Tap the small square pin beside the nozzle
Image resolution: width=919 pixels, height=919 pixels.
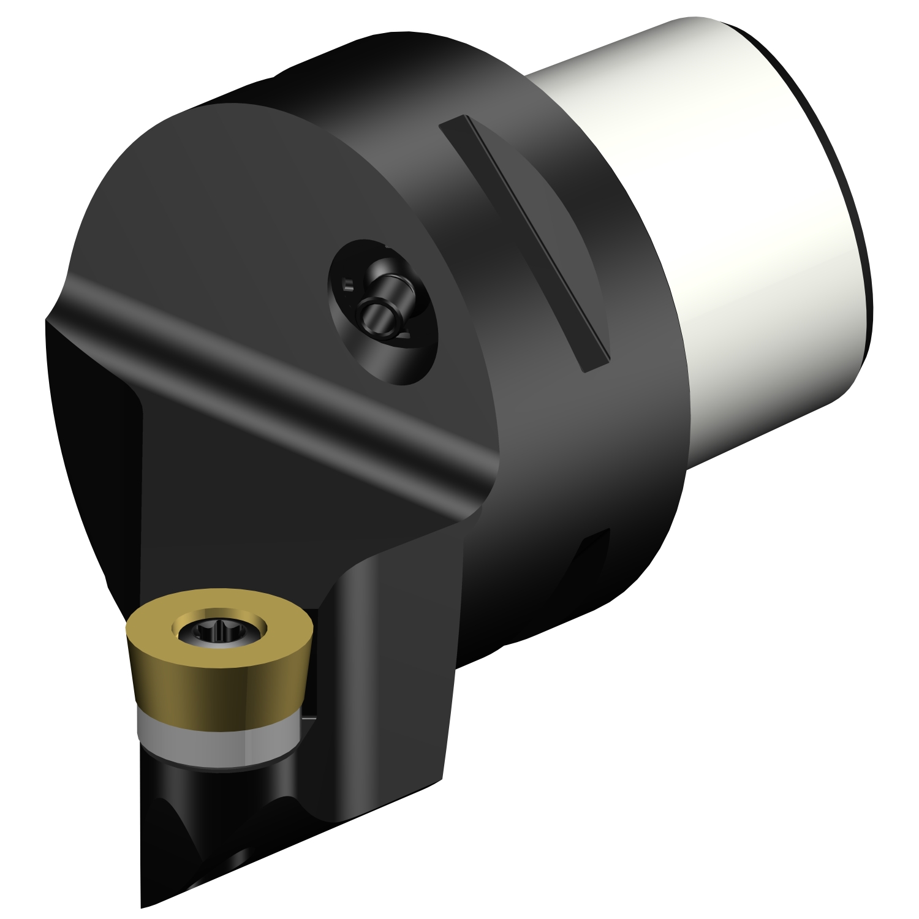coord(347,284)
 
